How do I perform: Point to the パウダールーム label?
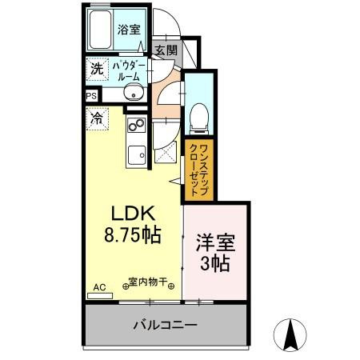[127, 70]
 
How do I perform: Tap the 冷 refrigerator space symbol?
[96, 119]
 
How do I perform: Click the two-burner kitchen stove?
[135, 126]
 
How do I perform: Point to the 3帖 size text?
[214, 262]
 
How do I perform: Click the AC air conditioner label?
[99, 286]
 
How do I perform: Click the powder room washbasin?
[134, 95]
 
